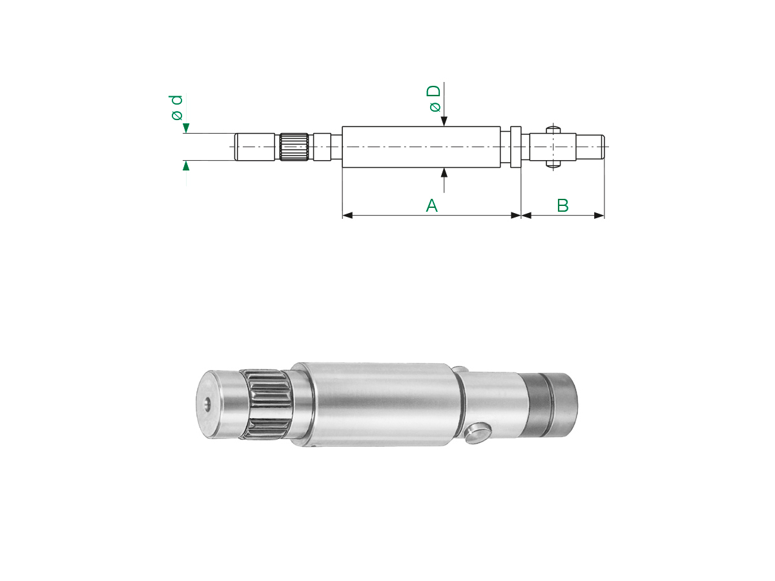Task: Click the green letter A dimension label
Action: [431, 205]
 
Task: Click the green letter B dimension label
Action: [563, 205]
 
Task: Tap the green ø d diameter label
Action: [177, 107]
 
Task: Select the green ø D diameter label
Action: [435, 98]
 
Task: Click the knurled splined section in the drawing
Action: [294, 147]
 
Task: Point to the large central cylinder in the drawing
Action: [421, 147]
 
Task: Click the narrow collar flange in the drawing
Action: [516, 147]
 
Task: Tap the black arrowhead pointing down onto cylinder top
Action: [444, 121]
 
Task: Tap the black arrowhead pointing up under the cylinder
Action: [444, 172]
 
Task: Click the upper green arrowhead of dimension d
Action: [186, 128]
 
